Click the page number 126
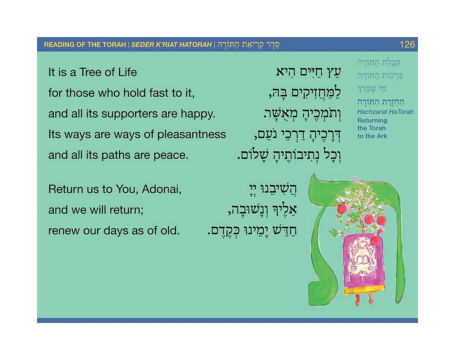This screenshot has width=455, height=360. [x=407, y=44]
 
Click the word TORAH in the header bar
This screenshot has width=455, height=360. [x=114, y=45]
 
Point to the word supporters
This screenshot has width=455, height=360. [x=130, y=114]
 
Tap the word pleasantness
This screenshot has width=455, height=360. [x=191, y=135]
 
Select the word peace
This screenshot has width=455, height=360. [x=171, y=156]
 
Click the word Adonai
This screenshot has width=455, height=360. [x=162, y=189]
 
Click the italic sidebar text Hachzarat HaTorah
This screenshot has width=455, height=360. [x=385, y=112]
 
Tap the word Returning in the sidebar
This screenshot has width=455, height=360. [x=372, y=121]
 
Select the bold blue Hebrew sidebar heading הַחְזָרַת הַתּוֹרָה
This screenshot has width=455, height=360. [x=381, y=102]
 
